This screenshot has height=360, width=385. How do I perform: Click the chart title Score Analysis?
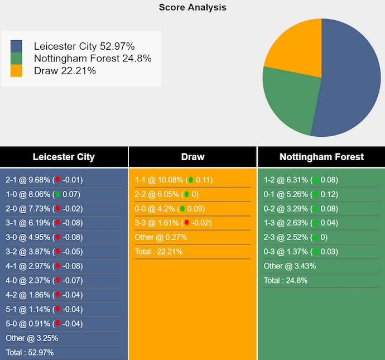(192, 7)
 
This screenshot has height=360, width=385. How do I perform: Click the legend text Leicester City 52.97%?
(84, 46)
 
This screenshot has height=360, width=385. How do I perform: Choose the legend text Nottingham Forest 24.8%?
(93, 58)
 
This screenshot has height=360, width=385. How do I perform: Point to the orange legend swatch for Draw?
(17, 70)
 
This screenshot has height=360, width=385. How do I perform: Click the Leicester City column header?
(64, 157)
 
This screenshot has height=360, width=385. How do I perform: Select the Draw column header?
(192, 157)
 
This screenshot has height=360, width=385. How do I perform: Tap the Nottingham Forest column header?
(321, 157)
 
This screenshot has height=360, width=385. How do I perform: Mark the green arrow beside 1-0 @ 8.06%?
(57, 194)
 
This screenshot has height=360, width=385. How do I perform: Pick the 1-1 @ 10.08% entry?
(174, 180)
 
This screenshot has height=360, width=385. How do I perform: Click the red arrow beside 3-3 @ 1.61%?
(186, 223)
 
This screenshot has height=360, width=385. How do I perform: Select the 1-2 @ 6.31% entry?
(301, 180)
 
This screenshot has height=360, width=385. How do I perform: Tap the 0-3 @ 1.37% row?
(301, 252)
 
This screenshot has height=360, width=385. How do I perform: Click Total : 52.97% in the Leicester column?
(30, 352)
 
